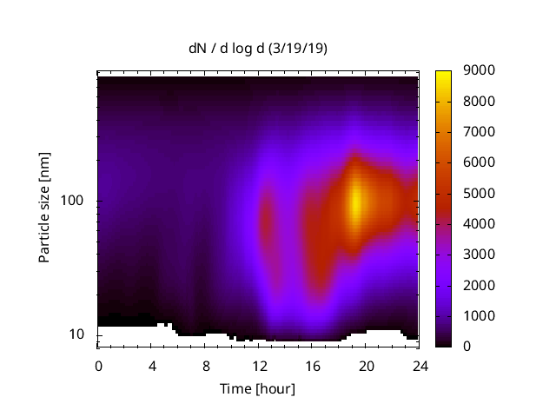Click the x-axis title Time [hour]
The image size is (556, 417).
257,388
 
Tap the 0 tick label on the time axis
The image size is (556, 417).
98,365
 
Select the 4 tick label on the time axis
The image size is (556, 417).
152,365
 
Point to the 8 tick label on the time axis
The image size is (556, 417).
205,365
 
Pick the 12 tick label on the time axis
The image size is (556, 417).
259,365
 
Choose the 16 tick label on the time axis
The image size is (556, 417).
312,365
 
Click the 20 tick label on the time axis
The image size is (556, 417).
366,365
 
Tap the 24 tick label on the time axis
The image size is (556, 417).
419,365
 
